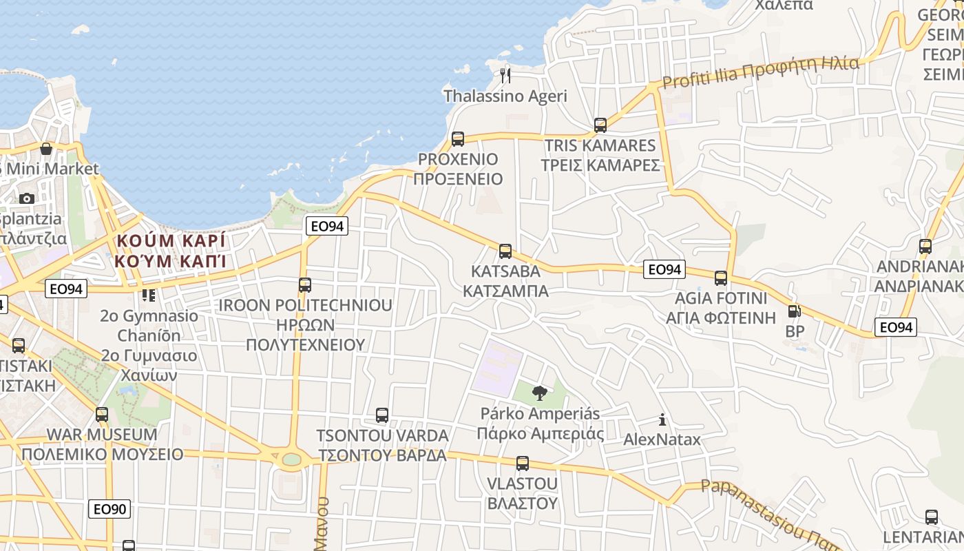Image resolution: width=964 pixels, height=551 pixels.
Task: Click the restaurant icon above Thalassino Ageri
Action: click(506, 75)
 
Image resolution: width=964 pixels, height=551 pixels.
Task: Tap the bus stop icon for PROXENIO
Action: click(458, 139)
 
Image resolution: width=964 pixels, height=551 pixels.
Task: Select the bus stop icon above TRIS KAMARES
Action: click(600, 125)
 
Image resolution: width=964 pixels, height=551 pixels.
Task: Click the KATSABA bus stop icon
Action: click(505, 251)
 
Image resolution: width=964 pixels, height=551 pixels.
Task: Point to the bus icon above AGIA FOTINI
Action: click(721, 278)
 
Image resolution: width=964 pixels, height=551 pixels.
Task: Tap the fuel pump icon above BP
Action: click(794, 311)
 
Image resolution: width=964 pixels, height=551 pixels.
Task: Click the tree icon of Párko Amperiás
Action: click(540, 393)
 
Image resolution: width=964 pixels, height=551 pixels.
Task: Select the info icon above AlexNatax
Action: click(662, 419)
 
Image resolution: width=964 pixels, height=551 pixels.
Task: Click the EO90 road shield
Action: click(109, 509)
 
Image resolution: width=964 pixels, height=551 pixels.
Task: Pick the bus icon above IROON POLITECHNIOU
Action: click(304, 284)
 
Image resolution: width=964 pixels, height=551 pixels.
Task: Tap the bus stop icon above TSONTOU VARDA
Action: click(382, 415)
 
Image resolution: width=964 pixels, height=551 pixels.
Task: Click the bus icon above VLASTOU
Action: click(523, 463)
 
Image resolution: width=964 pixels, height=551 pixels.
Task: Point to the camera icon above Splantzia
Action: click(27, 198)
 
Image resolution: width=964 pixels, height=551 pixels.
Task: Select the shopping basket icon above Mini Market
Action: click(46, 149)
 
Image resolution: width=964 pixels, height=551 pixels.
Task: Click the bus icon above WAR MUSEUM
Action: click(102, 415)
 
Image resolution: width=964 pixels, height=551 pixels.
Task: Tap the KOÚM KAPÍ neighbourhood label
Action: click(171, 251)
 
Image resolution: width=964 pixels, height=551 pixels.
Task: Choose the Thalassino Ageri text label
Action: click(505, 96)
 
